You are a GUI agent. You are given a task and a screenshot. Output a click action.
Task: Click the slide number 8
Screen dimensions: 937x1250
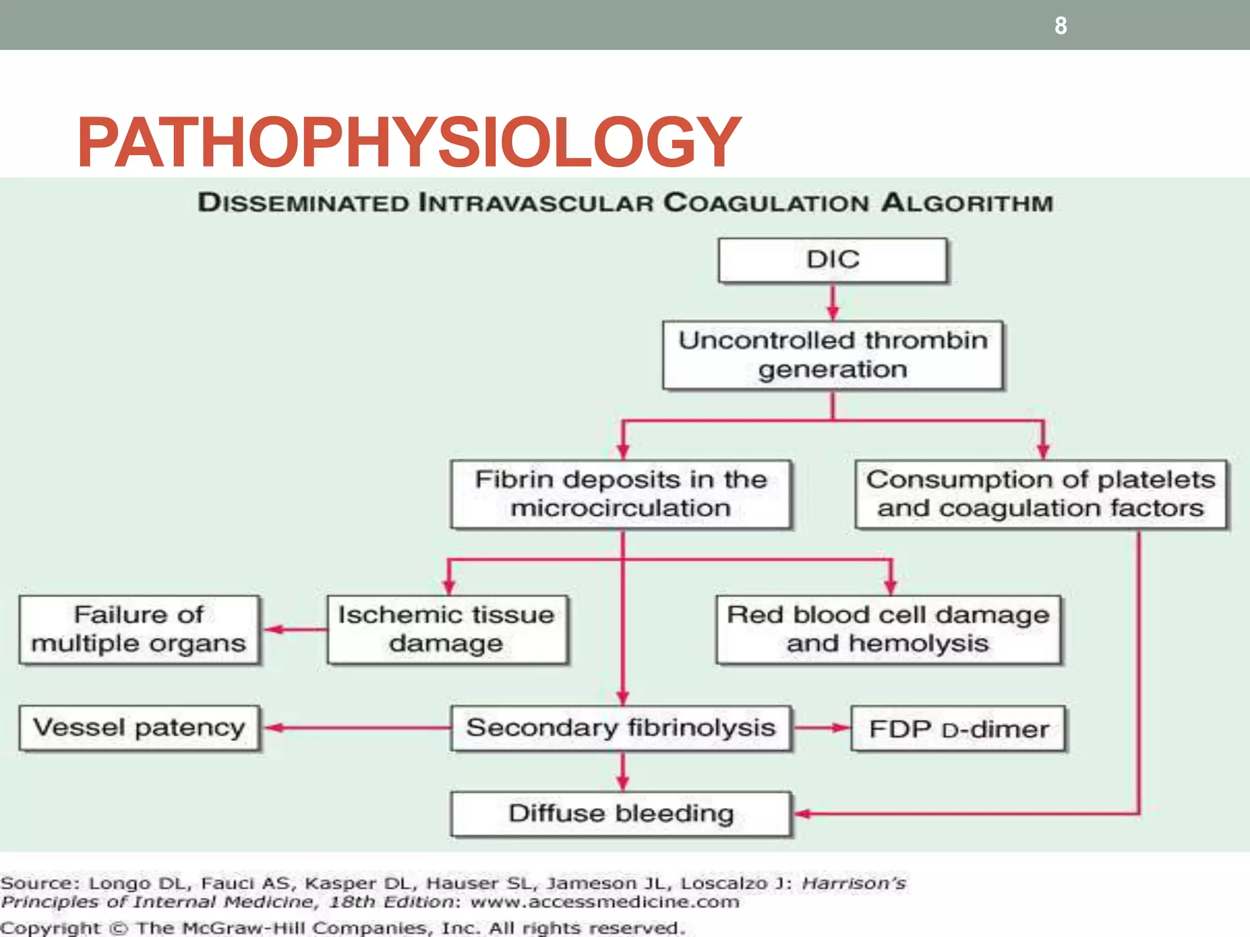pyautogui.click(x=1061, y=26)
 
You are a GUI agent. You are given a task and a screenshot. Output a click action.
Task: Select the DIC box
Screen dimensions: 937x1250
pyautogui.click(x=833, y=260)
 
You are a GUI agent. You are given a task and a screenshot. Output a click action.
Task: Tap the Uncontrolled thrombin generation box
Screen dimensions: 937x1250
pyautogui.click(x=833, y=355)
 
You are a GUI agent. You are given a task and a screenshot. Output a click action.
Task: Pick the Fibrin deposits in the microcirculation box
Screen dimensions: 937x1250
pyautogui.click(x=621, y=494)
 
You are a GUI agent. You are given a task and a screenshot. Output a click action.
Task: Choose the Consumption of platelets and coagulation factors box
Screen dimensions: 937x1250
pyautogui.click(x=1041, y=494)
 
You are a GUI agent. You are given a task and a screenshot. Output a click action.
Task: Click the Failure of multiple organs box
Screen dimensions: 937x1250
pyautogui.click(x=139, y=630)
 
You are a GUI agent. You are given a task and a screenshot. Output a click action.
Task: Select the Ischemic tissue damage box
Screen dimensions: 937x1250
pyautogui.click(x=447, y=630)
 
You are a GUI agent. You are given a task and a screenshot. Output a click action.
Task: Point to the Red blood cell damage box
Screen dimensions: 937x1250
pyautogui.click(x=889, y=630)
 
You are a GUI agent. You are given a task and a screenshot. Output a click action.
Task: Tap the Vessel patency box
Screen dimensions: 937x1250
pyautogui.click(x=139, y=728)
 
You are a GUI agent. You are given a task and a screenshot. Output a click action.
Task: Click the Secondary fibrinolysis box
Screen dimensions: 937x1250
pyautogui.click(x=621, y=728)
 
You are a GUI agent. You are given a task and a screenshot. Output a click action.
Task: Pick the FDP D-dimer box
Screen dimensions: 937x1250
pyautogui.click(x=958, y=729)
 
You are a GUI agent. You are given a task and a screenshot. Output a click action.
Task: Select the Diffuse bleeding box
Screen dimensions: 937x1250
pyautogui.click(x=621, y=814)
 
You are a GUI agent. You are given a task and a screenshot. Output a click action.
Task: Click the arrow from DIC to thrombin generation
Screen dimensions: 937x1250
pyautogui.click(x=833, y=302)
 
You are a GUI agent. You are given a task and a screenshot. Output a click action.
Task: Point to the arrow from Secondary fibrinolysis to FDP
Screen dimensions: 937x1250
pyautogui.click(x=822, y=728)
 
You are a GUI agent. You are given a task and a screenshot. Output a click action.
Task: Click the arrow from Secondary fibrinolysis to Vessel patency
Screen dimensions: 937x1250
pyautogui.click(x=357, y=728)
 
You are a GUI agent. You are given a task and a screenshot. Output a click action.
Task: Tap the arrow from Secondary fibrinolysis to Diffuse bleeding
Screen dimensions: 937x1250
pyautogui.click(x=623, y=772)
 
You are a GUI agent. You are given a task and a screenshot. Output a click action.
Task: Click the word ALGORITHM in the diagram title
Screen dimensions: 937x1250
pyautogui.click(x=967, y=203)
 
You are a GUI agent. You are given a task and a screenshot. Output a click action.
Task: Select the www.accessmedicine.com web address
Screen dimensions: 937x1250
pyautogui.click(x=604, y=902)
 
